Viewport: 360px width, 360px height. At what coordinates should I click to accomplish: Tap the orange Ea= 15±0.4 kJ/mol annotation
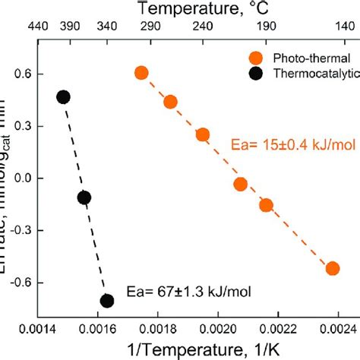click(x=283, y=141)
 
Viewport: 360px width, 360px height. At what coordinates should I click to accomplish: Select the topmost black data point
click(x=63, y=96)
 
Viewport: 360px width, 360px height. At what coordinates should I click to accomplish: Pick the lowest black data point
click(x=107, y=301)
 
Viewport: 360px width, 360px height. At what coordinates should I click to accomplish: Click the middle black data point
click(x=84, y=197)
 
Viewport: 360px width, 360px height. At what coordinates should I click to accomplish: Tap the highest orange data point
click(x=141, y=73)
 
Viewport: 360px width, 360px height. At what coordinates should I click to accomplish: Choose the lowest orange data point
click(x=332, y=268)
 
